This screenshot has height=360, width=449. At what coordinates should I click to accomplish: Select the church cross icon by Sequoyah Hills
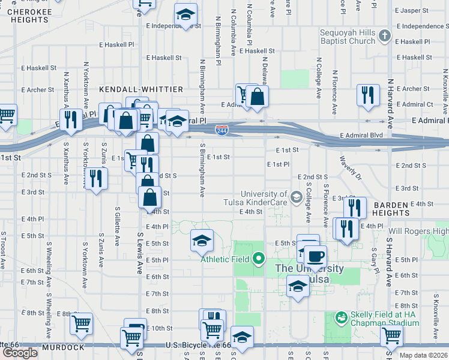click(385, 37)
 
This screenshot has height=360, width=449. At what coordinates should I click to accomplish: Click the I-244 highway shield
click(221, 130)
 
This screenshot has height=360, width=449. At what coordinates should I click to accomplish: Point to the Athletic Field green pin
click(259, 259)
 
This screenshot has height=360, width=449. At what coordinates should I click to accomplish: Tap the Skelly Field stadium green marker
click(341, 316)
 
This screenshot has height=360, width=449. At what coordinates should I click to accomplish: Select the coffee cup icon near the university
click(316, 257)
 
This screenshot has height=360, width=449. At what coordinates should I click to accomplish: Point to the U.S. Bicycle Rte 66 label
click(190, 346)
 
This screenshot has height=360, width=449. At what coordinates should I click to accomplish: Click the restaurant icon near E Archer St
click(368, 94)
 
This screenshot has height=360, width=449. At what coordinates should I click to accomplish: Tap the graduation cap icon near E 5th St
click(202, 241)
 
